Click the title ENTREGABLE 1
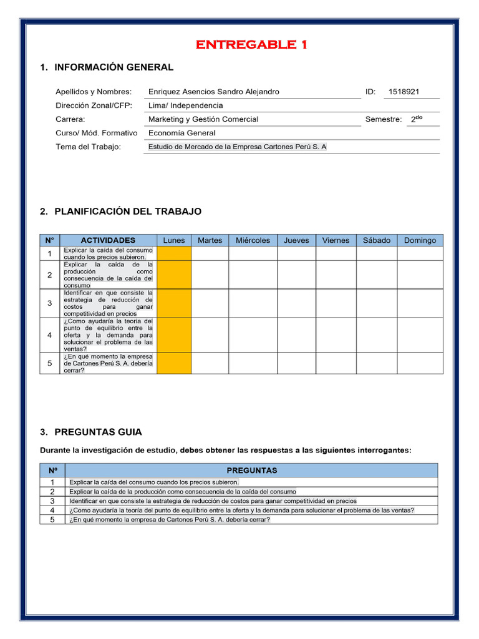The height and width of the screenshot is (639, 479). tap(251, 44)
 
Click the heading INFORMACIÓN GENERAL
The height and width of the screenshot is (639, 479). tap(114, 67)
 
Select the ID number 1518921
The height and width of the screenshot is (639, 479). tap(404, 92)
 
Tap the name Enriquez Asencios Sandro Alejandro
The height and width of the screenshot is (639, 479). tap(213, 92)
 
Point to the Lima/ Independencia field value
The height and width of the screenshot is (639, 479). tap(185, 105)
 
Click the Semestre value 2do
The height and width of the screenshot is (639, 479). tap(417, 119)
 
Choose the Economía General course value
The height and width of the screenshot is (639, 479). tap(181, 133)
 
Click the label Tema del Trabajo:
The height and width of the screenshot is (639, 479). tap(88, 147)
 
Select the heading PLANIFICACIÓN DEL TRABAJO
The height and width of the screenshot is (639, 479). tap(127, 212)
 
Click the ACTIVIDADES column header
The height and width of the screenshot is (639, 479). tap(108, 240)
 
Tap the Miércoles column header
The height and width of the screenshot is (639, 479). tap(253, 240)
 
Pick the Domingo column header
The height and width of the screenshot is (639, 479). tap(420, 240)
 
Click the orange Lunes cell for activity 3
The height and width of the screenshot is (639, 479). tap(174, 303)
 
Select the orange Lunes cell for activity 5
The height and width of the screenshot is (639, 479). tap(174, 363)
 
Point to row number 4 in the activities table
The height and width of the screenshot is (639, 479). tap(50, 335)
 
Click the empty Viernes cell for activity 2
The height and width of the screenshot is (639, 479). tap(336, 275)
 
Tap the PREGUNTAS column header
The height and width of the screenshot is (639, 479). tap(251, 470)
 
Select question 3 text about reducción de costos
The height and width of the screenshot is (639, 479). tap(213, 500)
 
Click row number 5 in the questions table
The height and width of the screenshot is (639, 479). tap(52, 519)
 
